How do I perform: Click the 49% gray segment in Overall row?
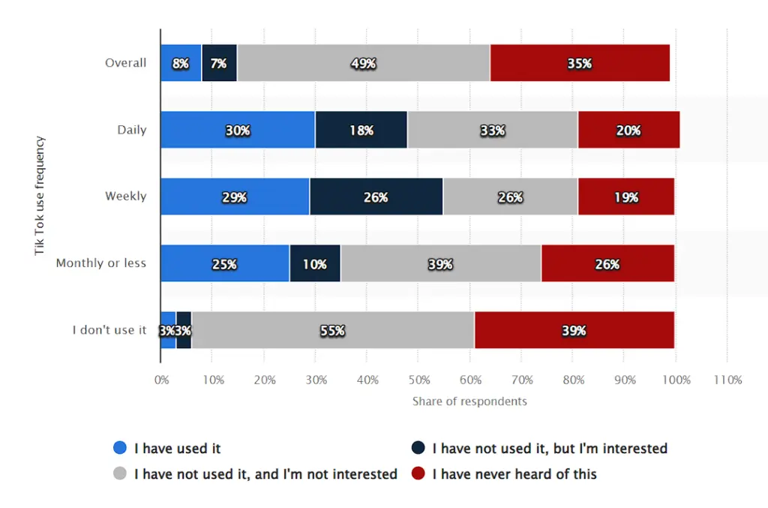364,63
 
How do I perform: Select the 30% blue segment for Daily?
238,130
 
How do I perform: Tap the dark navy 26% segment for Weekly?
376,197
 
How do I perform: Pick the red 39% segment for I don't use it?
574,330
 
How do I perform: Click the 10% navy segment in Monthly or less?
315,263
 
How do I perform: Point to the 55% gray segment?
333,330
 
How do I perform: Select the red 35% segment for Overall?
580,63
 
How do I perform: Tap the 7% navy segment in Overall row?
219,63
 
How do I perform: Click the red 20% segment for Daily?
628,130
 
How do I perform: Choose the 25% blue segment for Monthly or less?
225,263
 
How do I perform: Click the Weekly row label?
126,197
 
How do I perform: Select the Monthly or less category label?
101,263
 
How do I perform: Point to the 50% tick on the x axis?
418,380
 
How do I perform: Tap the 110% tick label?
727,380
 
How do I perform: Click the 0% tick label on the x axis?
161,380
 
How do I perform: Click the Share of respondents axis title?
469,401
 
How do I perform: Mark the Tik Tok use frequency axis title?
40,196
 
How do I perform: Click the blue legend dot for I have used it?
120,448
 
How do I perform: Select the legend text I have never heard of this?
514,474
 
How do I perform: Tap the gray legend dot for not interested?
120,474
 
